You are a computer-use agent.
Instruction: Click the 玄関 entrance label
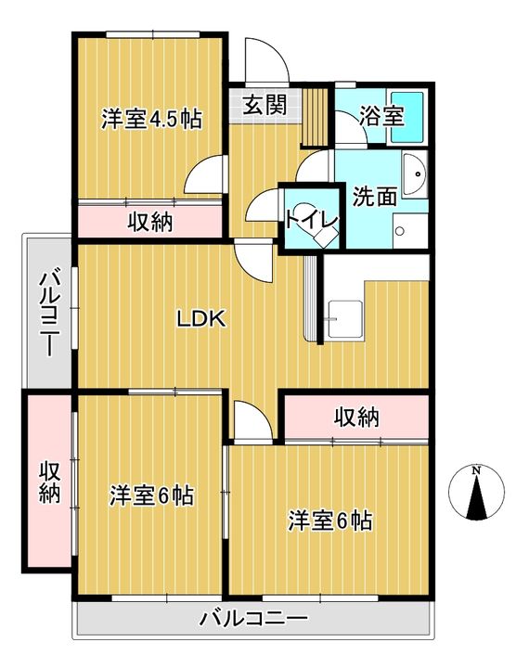[264, 105]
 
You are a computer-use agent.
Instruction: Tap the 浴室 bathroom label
[381, 115]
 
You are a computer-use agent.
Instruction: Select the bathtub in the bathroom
[407, 116]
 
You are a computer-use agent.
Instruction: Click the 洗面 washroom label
[375, 197]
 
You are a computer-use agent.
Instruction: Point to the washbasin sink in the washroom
[415, 174]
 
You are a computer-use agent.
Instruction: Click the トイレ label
[312, 219]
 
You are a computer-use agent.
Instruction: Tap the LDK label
[201, 318]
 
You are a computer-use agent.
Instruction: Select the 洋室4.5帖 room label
[151, 119]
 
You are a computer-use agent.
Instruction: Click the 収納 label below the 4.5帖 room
[150, 222]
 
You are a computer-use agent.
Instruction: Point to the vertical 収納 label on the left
[50, 482]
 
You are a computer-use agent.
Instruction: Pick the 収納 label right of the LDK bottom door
[356, 417]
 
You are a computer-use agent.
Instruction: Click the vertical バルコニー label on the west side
[50, 311]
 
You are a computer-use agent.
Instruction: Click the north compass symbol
[476, 494]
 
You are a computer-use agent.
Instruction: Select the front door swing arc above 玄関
[267, 59]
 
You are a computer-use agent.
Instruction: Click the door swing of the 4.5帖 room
[204, 175]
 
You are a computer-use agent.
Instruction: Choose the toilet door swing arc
[262, 205]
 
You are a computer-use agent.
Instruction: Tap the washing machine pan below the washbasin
[410, 230]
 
